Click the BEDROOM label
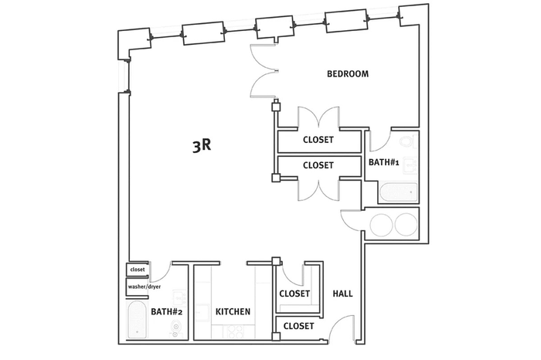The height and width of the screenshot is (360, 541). coord(348,74)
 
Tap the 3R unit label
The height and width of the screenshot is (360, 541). coord(202,146)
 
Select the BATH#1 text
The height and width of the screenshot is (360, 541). coord(383,162)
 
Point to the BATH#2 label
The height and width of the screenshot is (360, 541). coord(166,312)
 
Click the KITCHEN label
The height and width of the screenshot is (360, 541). coord(233,312)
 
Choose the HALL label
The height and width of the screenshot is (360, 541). coord(342,294)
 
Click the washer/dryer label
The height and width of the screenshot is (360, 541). coord(145,287)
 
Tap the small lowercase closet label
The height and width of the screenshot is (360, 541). coord(138,270)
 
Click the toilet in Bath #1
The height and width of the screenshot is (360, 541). coord(409,141)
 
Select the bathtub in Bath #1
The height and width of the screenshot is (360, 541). coord(398,192)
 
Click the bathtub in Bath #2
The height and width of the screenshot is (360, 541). coord(138,319)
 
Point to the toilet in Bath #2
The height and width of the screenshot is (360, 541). coord(177,330)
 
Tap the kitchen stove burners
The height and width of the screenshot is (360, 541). coord(234,331)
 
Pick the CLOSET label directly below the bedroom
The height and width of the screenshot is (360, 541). coord(318,140)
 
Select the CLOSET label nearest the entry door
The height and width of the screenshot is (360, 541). coord(299,326)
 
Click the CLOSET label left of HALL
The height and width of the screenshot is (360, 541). coord(294,294)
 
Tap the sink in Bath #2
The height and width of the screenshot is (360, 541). coord(179,297)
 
